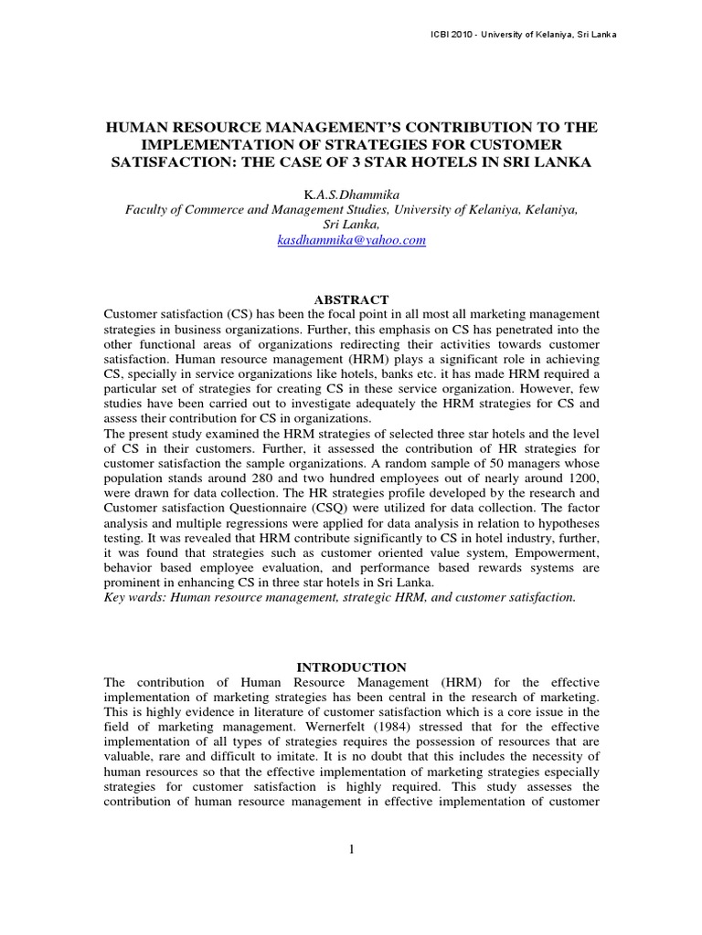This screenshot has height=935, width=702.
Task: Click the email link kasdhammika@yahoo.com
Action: click(351, 240)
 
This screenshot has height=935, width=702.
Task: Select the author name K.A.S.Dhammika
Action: click(351, 194)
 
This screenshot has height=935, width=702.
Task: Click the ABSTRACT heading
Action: click(351, 299)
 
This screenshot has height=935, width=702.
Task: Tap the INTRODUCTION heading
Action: click(351, 667)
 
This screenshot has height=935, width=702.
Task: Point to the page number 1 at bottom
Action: click(351, 849)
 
